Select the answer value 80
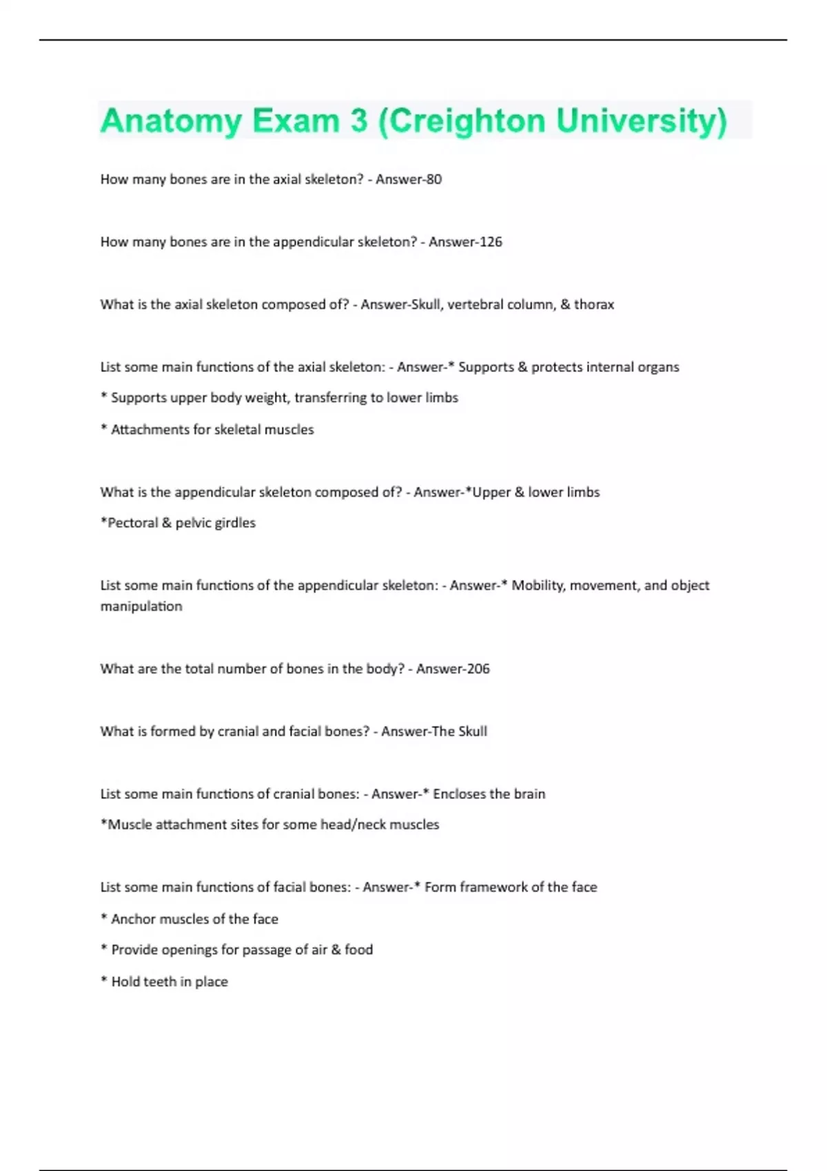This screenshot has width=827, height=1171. (x=433, y=179)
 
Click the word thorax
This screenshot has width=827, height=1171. (x=594, y=304)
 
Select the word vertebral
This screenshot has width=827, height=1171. (x=475, y=304)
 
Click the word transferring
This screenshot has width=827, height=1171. (x=330, y=397)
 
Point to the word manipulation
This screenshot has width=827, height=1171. (x=141, y=606)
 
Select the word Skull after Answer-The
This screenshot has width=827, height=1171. (x=473, y=731)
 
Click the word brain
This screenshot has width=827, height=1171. (x=529, y=794)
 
